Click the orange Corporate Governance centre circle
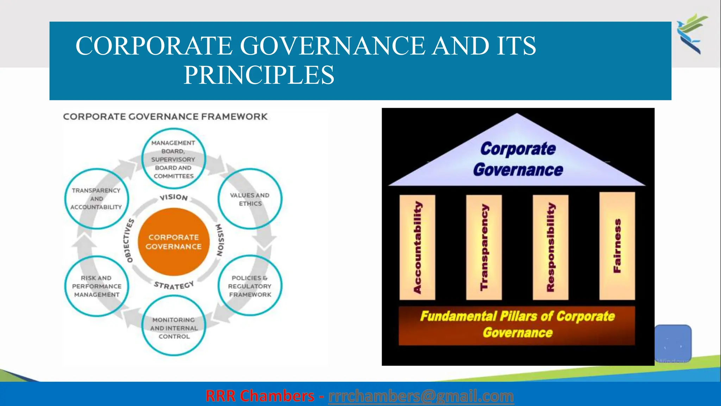click(174, 242)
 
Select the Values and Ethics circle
click(250, 199)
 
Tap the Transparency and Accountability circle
click(96, 199)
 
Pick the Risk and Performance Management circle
click(96, 286)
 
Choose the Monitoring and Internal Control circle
click(174, 328)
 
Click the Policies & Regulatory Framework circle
click(250, 286)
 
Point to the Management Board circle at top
click(173, 159)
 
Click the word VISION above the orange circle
click(174, 197)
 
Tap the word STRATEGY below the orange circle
click(174, 285)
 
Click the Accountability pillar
click(418, 247)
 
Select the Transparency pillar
click(484, 247)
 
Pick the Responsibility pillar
click(551, 247)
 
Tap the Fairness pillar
click(617, 246)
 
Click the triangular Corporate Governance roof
click(518, 159)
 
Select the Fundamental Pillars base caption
click(517, 325)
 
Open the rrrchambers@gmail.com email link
click(421, 396)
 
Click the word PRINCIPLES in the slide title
click(259, 75)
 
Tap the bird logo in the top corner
click(692, 33)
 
